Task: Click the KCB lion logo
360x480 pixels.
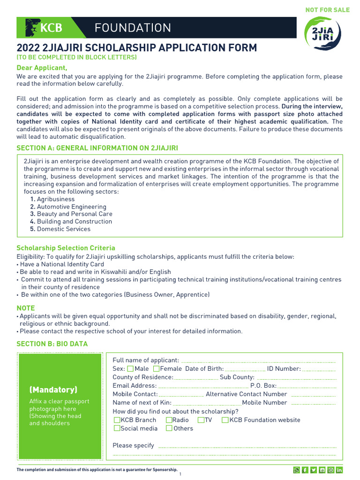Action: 32,28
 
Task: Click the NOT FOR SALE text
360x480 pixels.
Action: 327,10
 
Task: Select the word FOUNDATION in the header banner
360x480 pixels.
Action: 133,28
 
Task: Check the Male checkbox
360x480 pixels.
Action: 130,369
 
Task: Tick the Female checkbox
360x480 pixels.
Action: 156,369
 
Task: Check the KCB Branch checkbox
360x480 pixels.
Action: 117,420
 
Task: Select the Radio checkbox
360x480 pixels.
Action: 169,420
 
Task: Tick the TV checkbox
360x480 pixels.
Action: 201,420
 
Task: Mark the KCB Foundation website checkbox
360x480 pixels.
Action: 225,420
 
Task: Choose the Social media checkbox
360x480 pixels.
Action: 117,428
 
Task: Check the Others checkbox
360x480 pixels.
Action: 169,428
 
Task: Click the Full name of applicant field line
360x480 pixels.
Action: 258,361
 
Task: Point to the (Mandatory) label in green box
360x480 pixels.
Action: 53,390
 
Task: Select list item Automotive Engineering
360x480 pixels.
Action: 71,207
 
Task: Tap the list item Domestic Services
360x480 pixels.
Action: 63,229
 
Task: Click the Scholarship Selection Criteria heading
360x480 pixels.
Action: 66,248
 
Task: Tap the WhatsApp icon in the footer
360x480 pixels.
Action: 296,470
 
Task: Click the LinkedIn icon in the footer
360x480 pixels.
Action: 339,470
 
